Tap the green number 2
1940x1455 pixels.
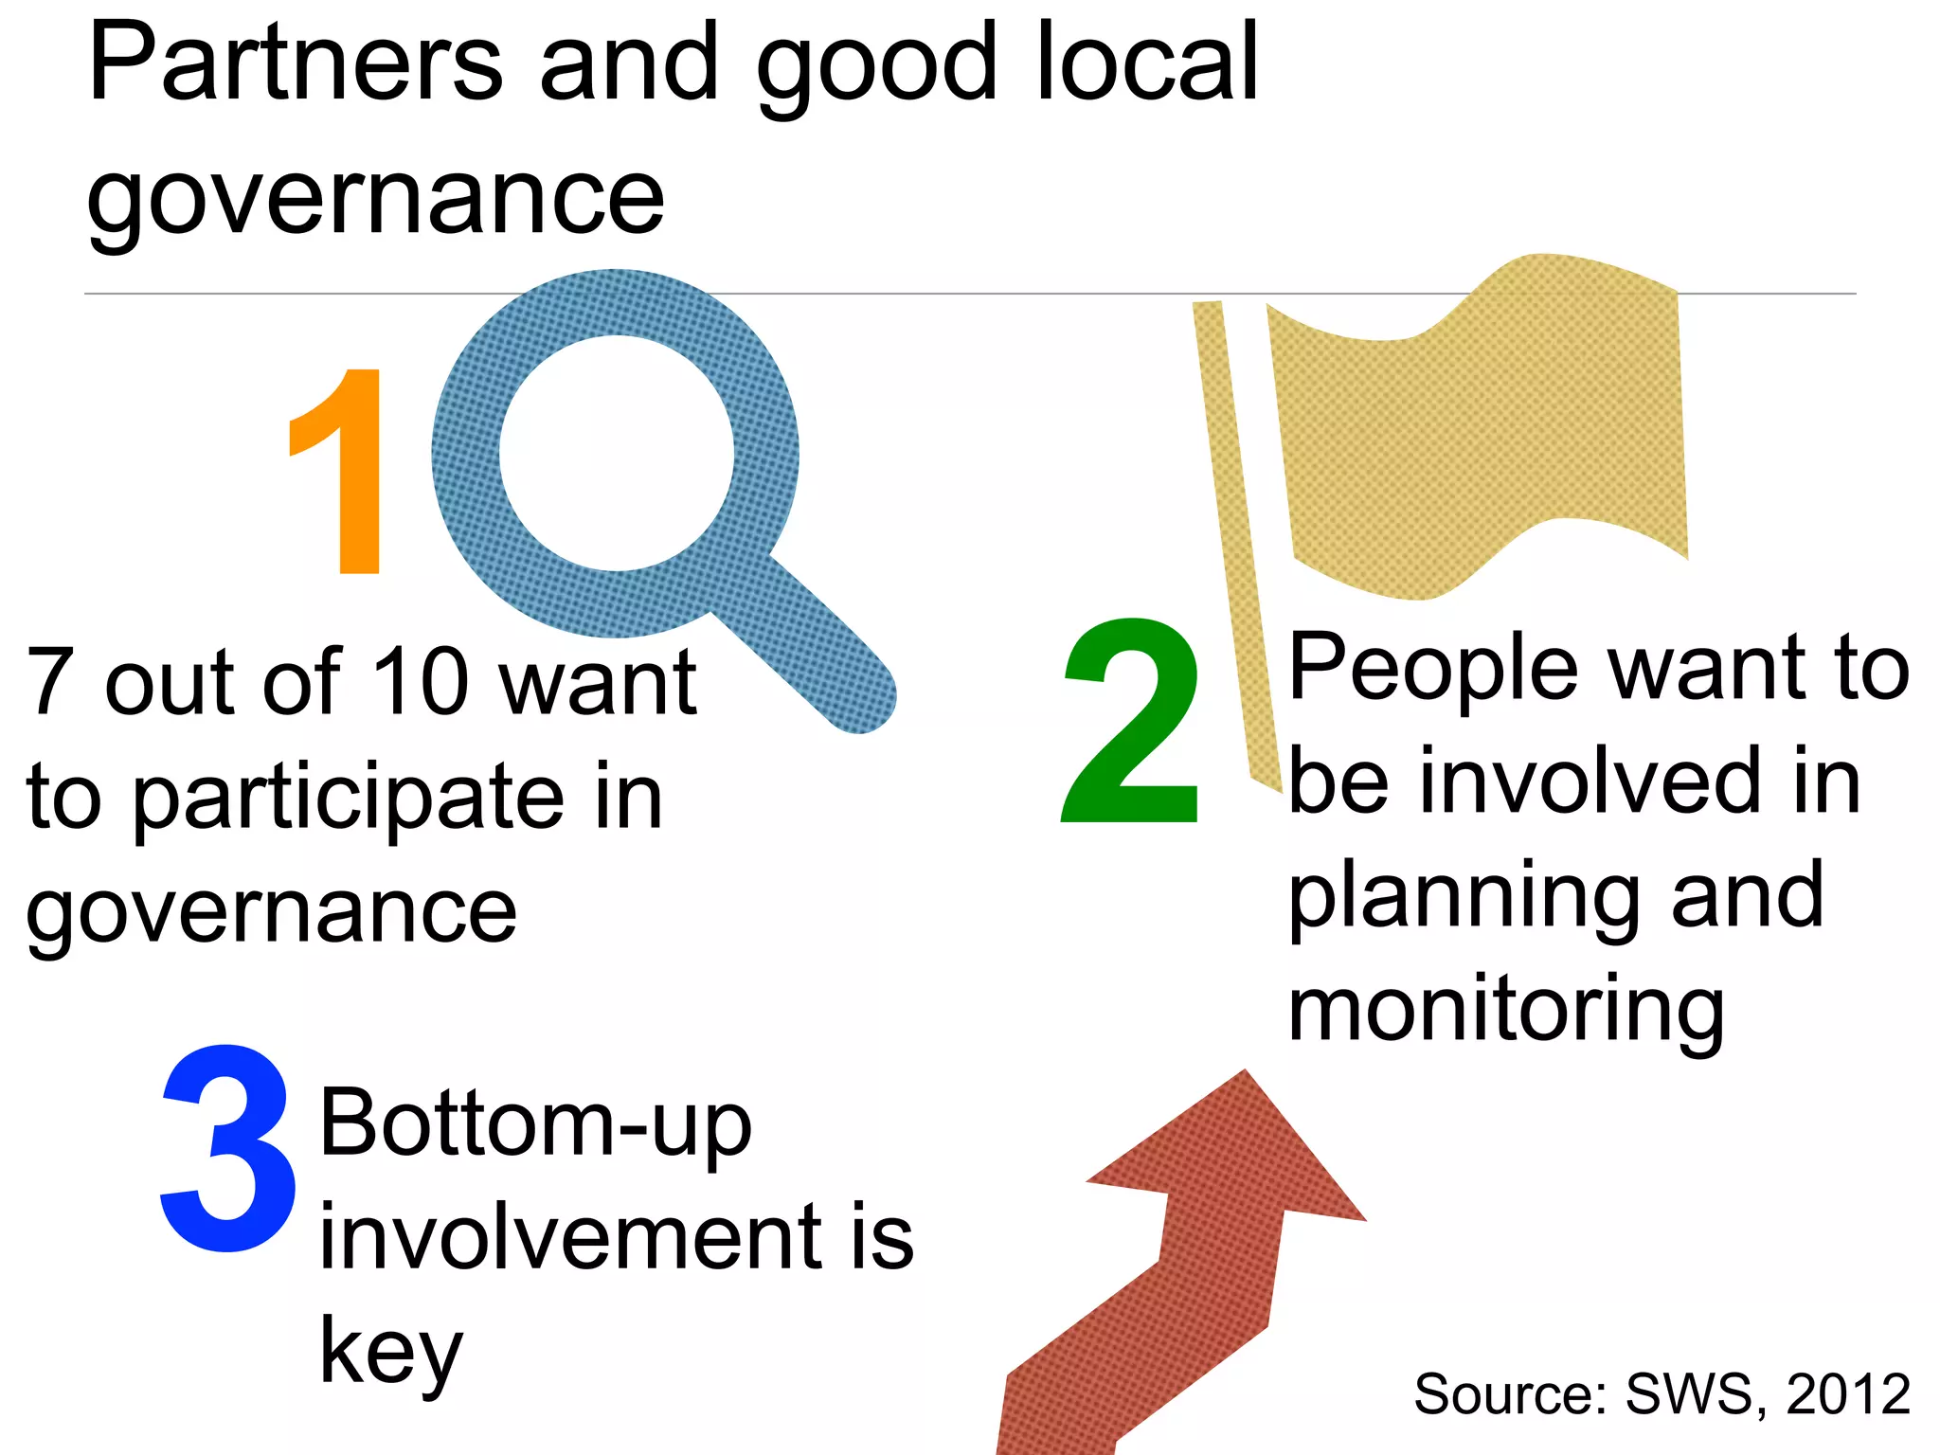1130,722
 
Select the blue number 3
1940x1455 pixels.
227,1148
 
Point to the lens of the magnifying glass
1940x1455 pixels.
617,453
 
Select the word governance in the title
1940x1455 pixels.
376,199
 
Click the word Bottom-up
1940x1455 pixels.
536,1125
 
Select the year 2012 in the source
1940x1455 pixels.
1847,1394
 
